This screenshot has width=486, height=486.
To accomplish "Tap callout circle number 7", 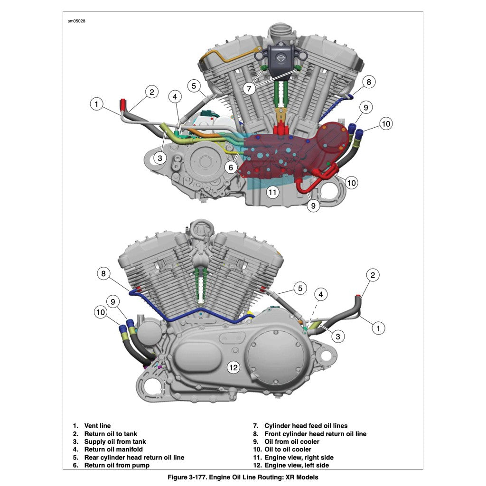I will coord(249,88).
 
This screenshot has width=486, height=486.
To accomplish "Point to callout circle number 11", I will coord(272,192).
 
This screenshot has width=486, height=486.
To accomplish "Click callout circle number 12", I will coord(233,367).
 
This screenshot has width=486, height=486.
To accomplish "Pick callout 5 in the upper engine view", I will coord(193,86).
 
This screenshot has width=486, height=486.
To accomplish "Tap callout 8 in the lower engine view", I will coord(104,273).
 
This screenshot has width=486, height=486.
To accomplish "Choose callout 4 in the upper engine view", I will coord(175,97).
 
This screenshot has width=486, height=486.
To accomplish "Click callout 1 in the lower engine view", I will coord(378,327).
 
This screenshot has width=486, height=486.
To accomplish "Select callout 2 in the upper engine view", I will coord(151,92).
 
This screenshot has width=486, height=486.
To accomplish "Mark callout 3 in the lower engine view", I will coord(337,336).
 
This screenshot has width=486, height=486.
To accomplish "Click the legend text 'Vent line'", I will coord(97,426).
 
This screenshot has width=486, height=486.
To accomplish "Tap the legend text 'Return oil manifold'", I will coord(113,449).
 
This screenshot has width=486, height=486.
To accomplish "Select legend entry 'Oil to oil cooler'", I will coord(288,449).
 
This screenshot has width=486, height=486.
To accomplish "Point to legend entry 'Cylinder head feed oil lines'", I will coord(306,426).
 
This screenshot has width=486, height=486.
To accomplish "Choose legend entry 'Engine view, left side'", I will coord(296,465).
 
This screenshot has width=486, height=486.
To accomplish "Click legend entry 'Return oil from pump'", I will coord(117,465).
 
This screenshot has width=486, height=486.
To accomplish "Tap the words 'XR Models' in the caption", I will coord(302,477).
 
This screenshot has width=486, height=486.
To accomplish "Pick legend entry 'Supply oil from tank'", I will coord(115,441).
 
